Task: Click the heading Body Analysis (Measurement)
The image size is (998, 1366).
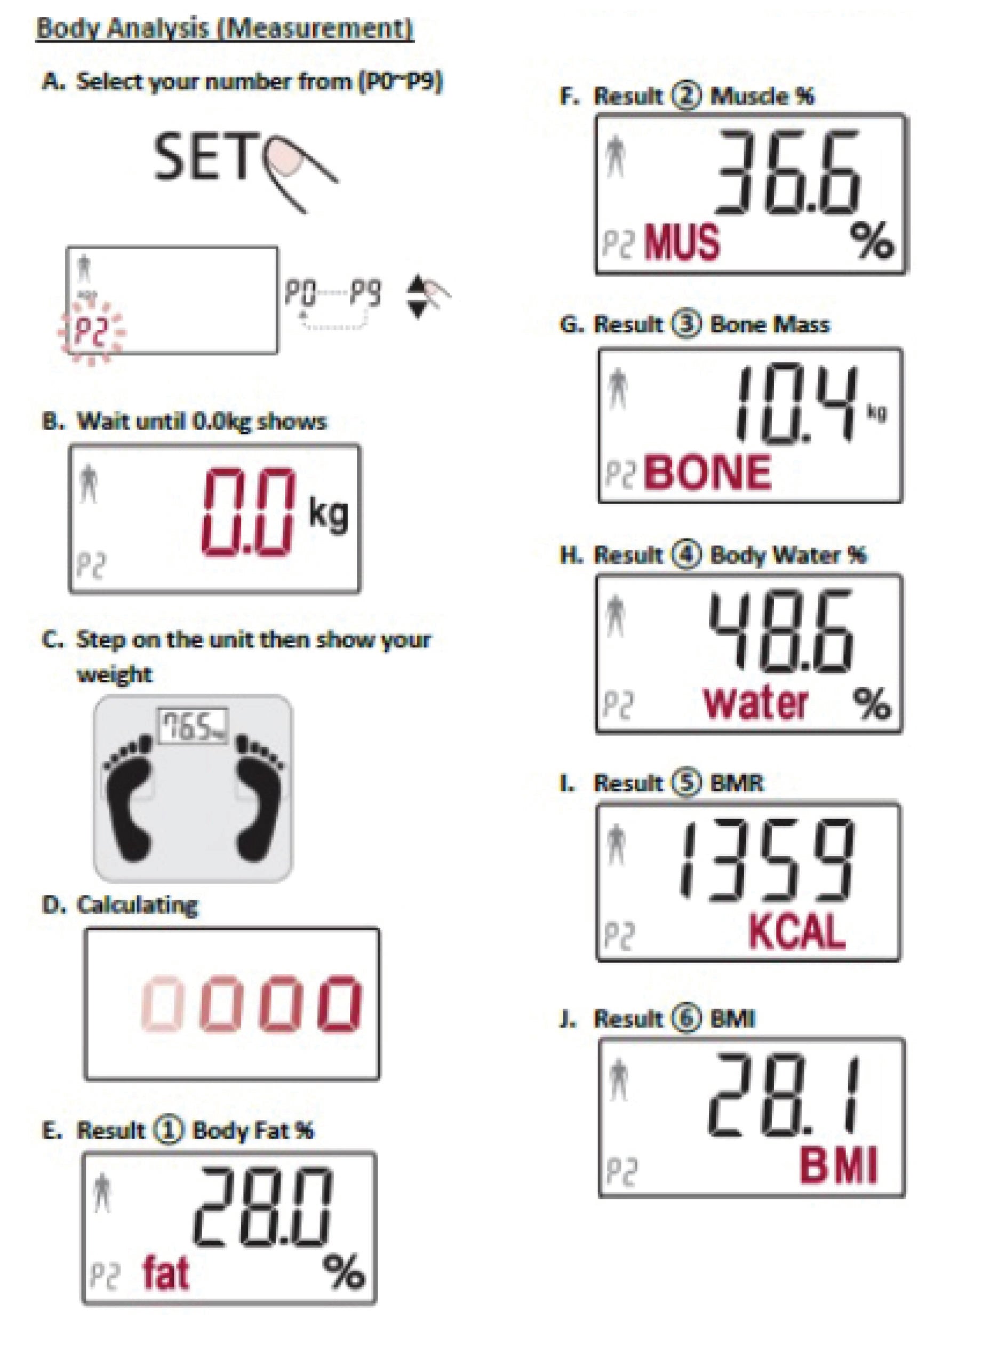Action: coord(225,28)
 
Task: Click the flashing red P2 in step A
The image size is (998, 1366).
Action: coord(91,332)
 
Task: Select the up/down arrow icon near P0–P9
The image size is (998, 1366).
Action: coord(416,297)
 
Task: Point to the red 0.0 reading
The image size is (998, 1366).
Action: coord(250,512)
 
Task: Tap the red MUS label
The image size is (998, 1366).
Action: coord(683,242)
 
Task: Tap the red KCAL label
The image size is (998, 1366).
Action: coord(797,931)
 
